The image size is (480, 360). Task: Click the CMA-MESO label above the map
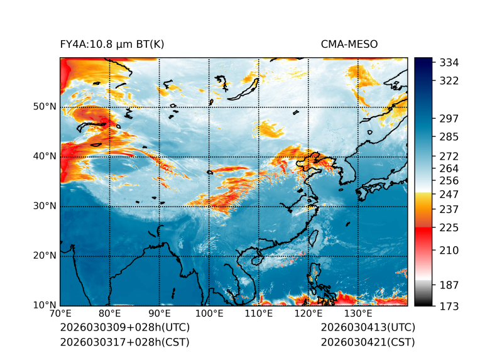point(349,44)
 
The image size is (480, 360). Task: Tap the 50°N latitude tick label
point(45,107)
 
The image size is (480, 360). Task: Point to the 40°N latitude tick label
point(45,156)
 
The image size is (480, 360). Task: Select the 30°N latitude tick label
point(45,206)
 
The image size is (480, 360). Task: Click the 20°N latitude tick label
point(45,256)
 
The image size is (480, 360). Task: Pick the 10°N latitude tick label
point(45,305)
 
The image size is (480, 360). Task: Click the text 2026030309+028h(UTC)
point(124,328)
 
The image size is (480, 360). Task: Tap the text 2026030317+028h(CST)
point(124,342)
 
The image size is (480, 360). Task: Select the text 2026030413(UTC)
point(368,328)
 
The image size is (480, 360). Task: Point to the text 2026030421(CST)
point(368,342)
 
